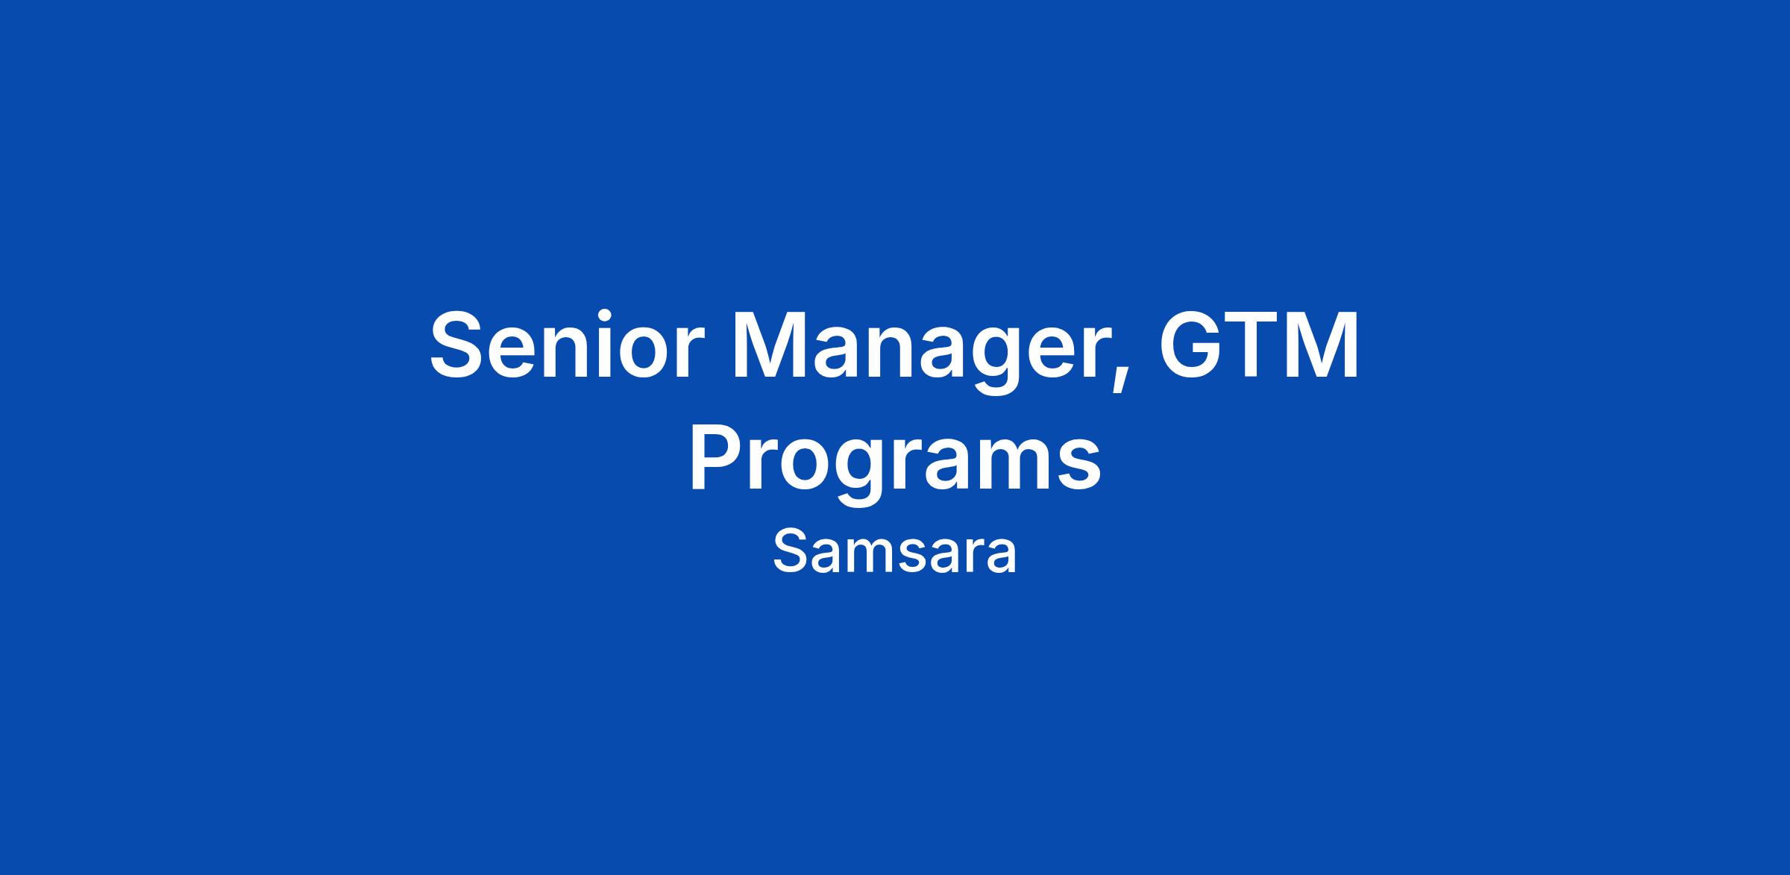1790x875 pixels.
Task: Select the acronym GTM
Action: click(x=1258, y=345)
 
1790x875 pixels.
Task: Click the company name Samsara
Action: click(x=894, y=553)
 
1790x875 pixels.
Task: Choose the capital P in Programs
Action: click(x=716, y=457)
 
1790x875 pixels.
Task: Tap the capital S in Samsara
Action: click(x=789, y=553)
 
